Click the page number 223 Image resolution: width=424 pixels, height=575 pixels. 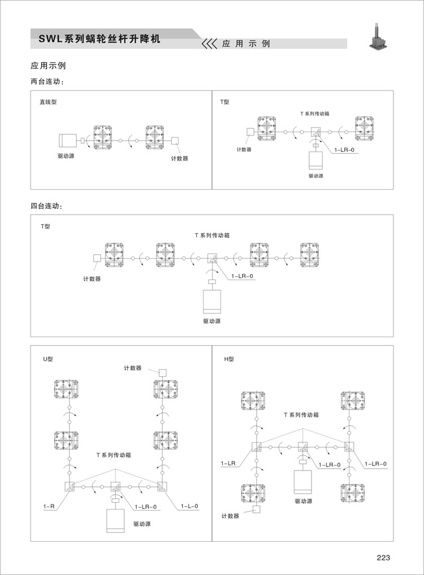[383, 557]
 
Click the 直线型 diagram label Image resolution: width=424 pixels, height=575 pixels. [48, 102]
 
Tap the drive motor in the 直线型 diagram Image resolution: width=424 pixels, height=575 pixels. [68, 140]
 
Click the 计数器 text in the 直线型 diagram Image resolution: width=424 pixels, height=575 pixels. [180, 159]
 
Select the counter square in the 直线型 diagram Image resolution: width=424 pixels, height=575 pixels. [175, 140]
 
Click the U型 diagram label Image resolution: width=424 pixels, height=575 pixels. [47, 359]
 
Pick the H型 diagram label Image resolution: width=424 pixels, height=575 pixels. [229, 359]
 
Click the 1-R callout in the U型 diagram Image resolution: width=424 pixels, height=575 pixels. [49, 507]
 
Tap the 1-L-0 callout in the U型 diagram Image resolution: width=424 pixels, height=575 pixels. [189, 507]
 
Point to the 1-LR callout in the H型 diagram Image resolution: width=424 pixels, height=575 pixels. [228, 464]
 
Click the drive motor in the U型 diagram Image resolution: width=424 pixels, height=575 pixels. [115, 520]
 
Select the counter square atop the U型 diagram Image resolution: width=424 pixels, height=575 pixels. [162, 372]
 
